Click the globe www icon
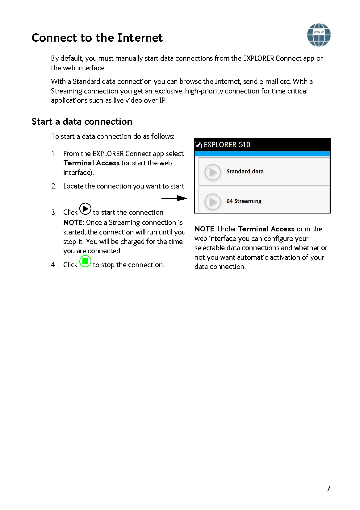pyautogui.click(x=319, y=35)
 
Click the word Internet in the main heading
pyautogui.click(x=140, y=38)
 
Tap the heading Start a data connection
pyautogui.click(x=82, y=122)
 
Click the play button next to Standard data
pyautogui.click(x=213, y=172)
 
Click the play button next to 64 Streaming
pyautogui.click(x=213, y=201)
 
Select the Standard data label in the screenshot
pyautogui.click(x=245, y=172)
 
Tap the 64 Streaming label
pyautogui.click(x=244, y=201)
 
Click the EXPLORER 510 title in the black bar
pyautogui.click(x=227, y=145)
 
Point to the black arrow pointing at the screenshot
pyautogui.click(x=174, y=198)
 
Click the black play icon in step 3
pyautogui.click(x=85, y=209)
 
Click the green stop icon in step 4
pyautogui.click(x=85, y=261)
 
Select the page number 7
pyautogui.click(x=329, y=488)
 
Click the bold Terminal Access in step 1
pyautogui.click(x=91, y=163)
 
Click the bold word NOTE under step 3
pyautogui.click(x=73, y=222)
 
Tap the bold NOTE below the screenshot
pyautogui.click(x=204, y=229)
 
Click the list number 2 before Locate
pyautogui.click(x=54, y=186)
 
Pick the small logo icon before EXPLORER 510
pyautogui.click(x=199, y=145)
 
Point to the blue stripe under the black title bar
pyautogui.click(x=262, y=153)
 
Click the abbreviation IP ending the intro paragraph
pyautogui.click(x=162, y=100)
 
